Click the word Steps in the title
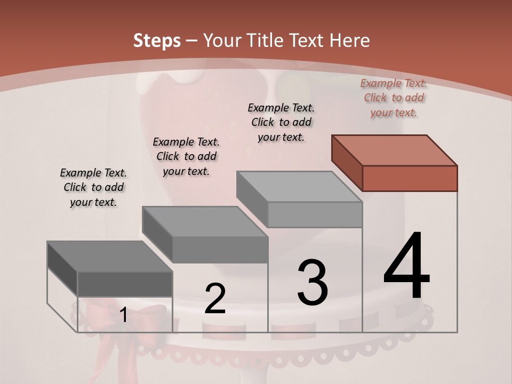coord(156,41)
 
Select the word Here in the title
coord(350,41)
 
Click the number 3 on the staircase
coord(313,282)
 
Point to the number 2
coord(215,299)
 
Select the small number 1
coord(123,315)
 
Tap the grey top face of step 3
coord(299,187)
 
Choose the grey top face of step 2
coord(205,222)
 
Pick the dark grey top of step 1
coord(110,257)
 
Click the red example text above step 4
coord(394,98)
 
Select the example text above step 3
coord(281,122)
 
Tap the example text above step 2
coord(186,156)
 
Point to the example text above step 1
coord(93,187)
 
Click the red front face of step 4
coord(410,178)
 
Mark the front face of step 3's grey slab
coord(315,214)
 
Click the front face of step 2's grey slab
coord(220,250)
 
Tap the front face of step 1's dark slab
coord(125,284)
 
